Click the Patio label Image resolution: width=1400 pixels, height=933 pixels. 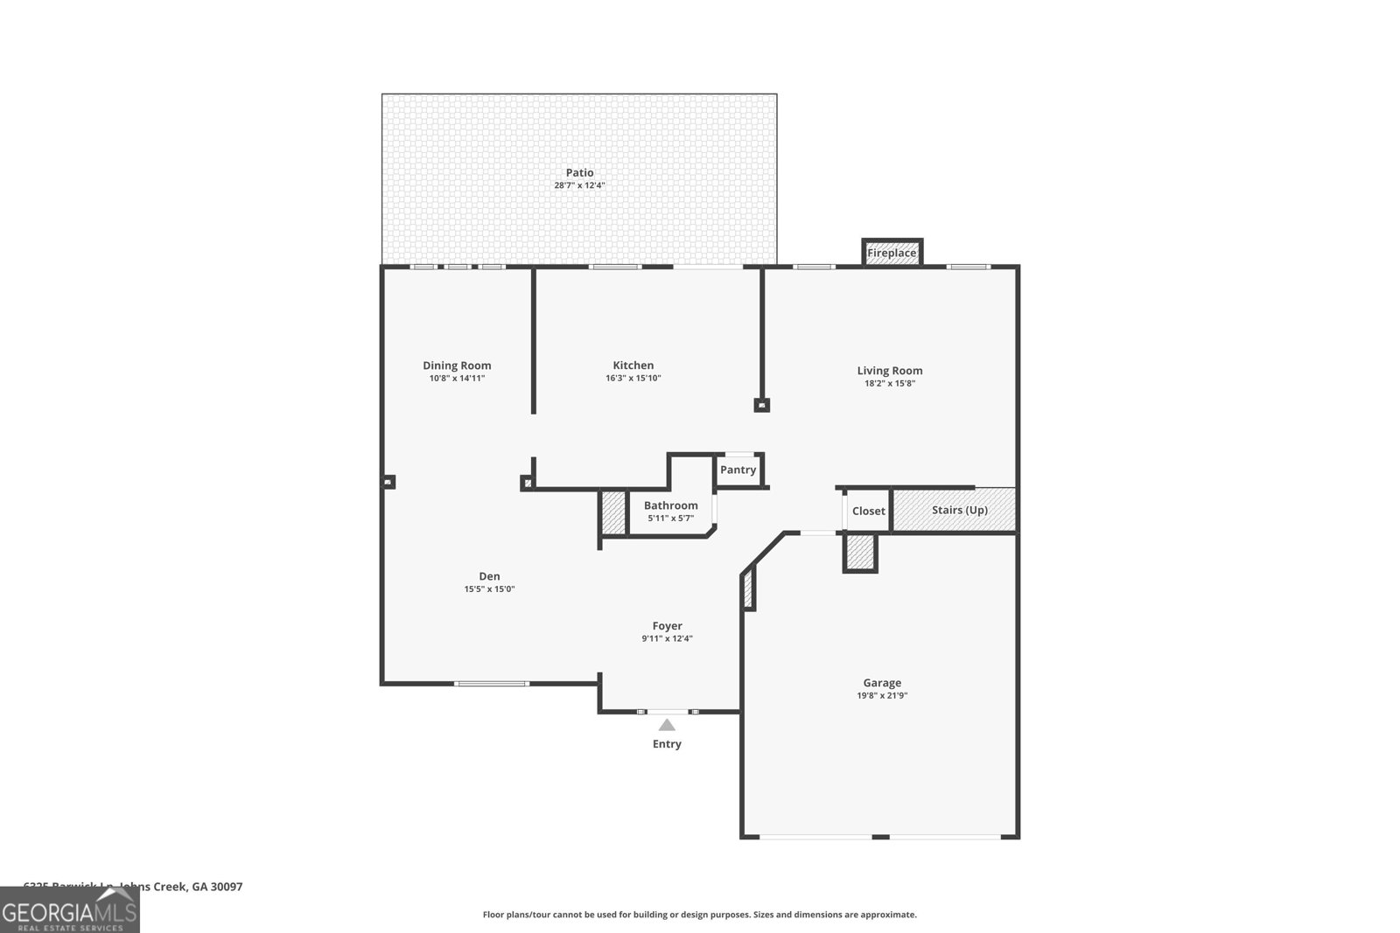tap(579, 173)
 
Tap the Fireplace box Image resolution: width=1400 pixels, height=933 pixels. tap(892, 253)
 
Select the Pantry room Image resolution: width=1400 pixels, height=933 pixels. tap(738, 470)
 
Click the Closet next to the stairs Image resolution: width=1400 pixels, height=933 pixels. tap(868, 511)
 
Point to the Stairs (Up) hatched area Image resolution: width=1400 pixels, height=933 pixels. tap(959, 510)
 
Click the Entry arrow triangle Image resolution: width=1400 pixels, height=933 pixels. tap(667, 725)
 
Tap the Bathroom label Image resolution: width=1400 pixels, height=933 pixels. tap(670, 505)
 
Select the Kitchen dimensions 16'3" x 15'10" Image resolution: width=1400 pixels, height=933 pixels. tap(633, 379)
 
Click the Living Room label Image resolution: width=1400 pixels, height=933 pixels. tap(889, 371)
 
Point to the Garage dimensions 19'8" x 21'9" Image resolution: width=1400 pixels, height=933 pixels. tap(881, 696)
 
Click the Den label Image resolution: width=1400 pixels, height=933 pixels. tap(489, 576)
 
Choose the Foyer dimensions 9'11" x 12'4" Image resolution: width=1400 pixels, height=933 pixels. tap(667, 638)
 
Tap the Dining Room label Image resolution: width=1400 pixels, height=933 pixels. tap(457, 366)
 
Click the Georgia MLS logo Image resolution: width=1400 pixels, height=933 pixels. tap(70, 910)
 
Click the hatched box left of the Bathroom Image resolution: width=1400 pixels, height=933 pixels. tap(612, 513)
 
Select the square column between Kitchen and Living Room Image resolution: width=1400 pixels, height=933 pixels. tap(761, 406)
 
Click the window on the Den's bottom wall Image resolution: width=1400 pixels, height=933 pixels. tap(493, 683)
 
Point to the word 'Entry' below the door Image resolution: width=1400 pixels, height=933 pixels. tap(667, 744)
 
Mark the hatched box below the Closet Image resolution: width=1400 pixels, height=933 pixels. tap(859, 553)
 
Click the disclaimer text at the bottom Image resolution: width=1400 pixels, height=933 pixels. tap(699, 915)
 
